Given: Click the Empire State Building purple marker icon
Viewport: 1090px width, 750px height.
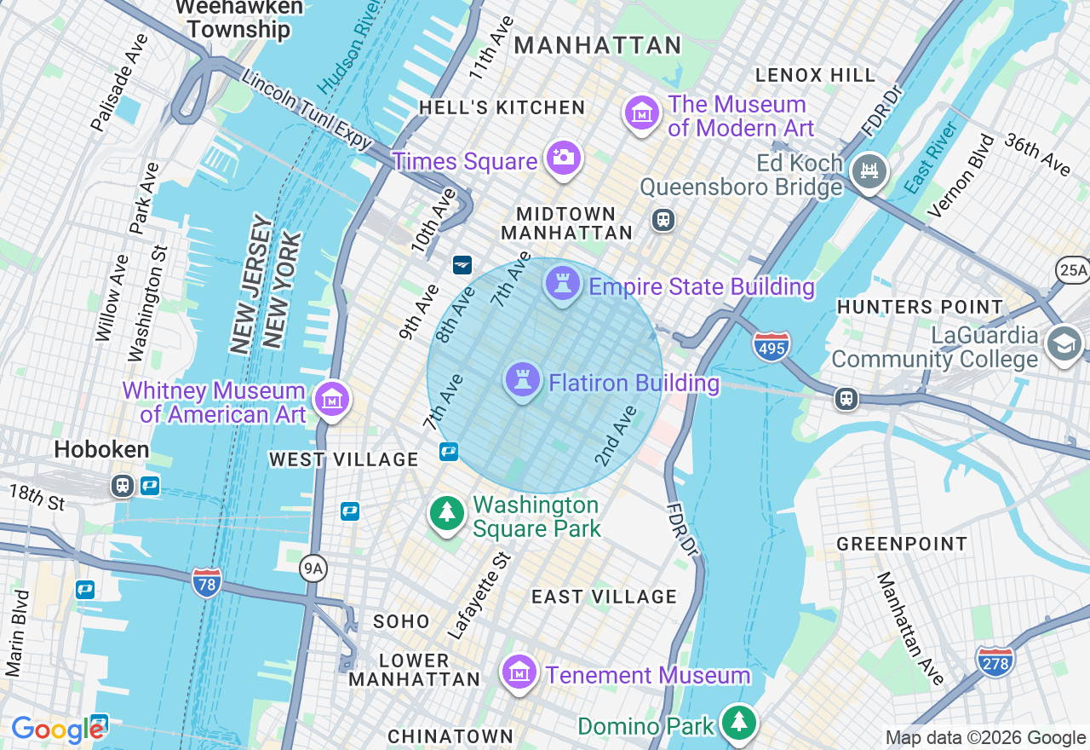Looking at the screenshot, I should (x=562, y=284).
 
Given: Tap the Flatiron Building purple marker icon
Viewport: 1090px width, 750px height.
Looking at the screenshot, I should (x=523, y=380).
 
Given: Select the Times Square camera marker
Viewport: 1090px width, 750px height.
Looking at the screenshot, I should (x=563, y=159).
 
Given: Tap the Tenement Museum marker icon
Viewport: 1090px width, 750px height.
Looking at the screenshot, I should (x=519, y=673).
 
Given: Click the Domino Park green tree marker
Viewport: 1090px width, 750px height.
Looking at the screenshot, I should (x=738, y=723).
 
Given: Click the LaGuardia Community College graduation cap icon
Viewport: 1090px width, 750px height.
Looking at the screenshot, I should (x=1064, y=345).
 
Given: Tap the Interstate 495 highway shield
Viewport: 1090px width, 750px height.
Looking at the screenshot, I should (x=772, y=346).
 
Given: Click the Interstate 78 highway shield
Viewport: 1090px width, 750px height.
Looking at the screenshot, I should (x=207, y=583).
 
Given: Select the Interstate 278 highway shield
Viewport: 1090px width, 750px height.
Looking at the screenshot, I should (x=995, y=661).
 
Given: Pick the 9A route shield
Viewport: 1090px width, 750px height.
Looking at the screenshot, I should (x=313, y=568).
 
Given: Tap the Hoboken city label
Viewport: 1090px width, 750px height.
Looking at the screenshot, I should (x=101, y=450).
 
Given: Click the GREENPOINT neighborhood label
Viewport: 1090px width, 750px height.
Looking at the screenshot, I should (x=902, y=544).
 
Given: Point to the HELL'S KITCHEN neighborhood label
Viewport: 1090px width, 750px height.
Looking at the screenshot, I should (x=502, y=107).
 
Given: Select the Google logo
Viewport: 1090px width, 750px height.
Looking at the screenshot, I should (x=58, y=730).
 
